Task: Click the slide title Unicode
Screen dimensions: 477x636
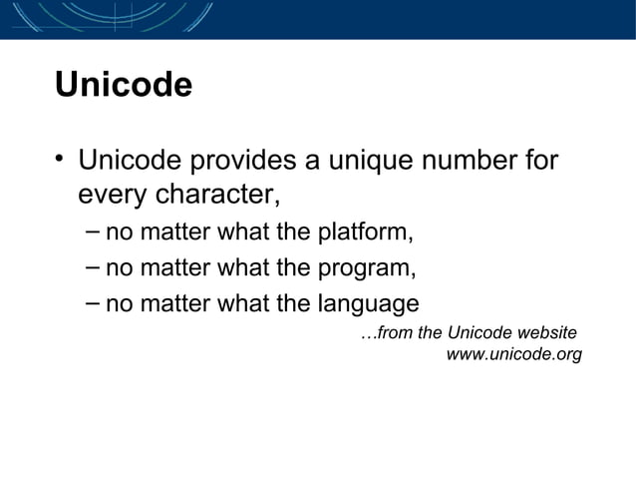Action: [x=123, y=85]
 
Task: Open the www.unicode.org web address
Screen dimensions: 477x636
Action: [x=513, y=354]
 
